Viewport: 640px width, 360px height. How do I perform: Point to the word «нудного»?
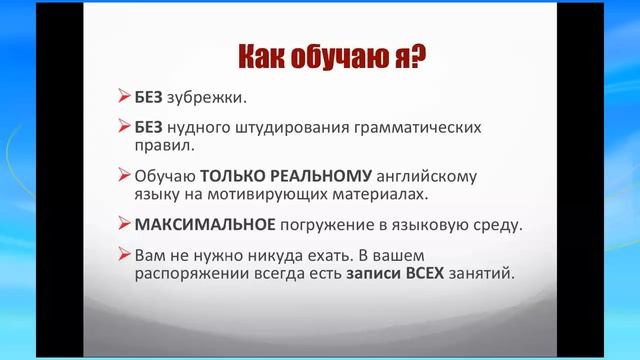pos(204,129)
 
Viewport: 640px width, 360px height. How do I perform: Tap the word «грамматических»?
pos(427,129)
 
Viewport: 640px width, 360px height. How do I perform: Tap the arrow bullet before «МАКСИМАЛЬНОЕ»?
pos(124,221)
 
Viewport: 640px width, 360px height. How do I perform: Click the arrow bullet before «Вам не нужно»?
pos(124,254)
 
